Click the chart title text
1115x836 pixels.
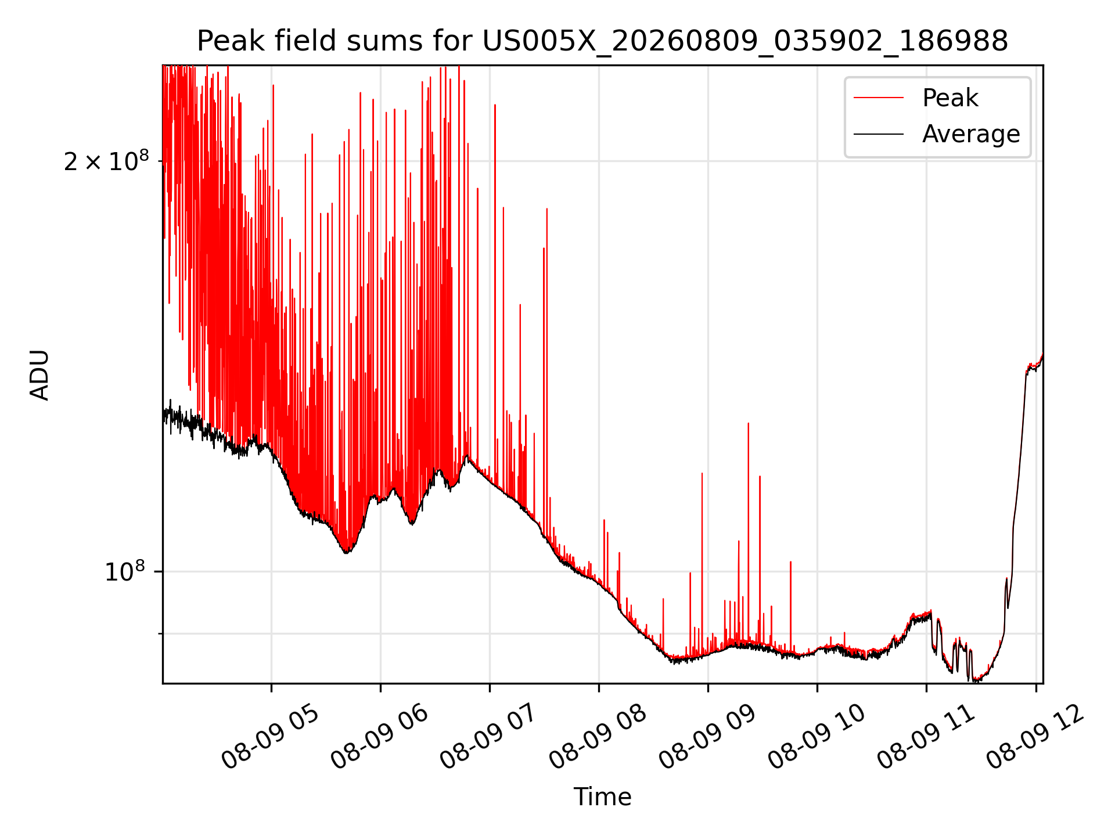(602, 41)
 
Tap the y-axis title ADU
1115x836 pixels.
(39, 375)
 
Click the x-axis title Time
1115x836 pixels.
(602, 797)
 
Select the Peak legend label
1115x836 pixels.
(950, 98)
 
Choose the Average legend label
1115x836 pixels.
(971, 134)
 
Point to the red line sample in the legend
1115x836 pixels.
(879, 98)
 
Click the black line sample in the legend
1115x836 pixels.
(879, 134)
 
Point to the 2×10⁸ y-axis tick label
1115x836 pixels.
(106, 161)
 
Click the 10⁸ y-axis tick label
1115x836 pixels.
(124, 571)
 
